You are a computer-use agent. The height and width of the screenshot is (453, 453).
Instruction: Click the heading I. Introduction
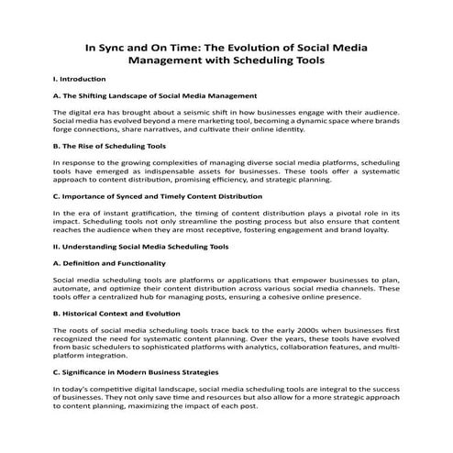[x=80, y=80]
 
